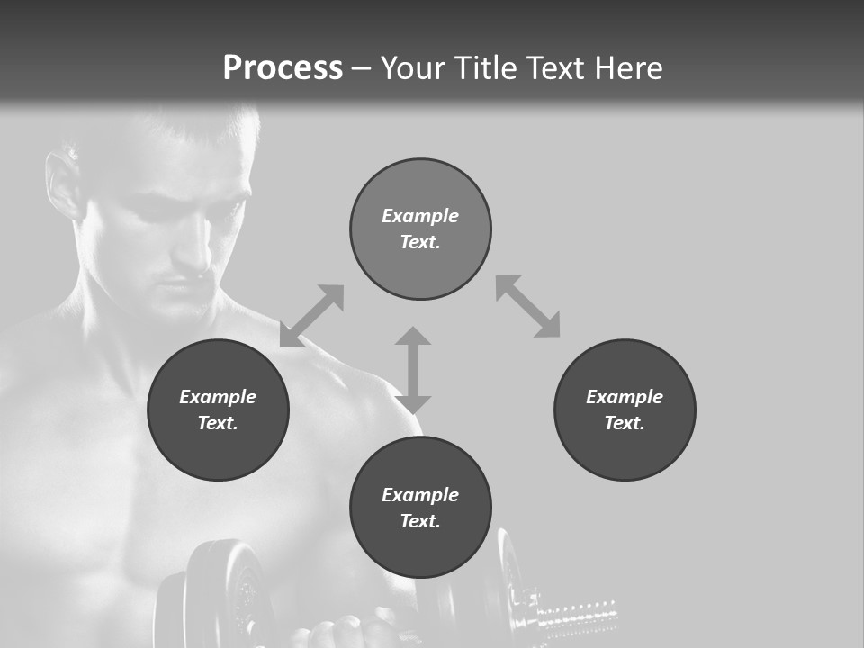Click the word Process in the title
pyautogui.click(x=283, y=68)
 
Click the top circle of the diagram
pyautogui.click(x=420, y=229)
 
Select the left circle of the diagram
pyautogui.click(x=218, y=409)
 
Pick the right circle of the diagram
pyautogui.click(x=625, y=409)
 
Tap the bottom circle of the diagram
pyautogui.click(x=420, y=508)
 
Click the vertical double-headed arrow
pyautogui.click(x=413, y=370)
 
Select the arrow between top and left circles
pyautogui.click(x=312, y=316)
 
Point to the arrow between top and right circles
pyautogui.click(x=528, y=306)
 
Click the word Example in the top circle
pyautogui.click(x=420, y=216)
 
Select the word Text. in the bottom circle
pyautogui.click(x=420, y=521)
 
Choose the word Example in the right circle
pyautogui.click(x=625, y=397)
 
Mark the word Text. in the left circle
pyautogui.click(x=218, y=423)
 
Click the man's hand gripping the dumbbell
pyautogui.click(x=346, y=630)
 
